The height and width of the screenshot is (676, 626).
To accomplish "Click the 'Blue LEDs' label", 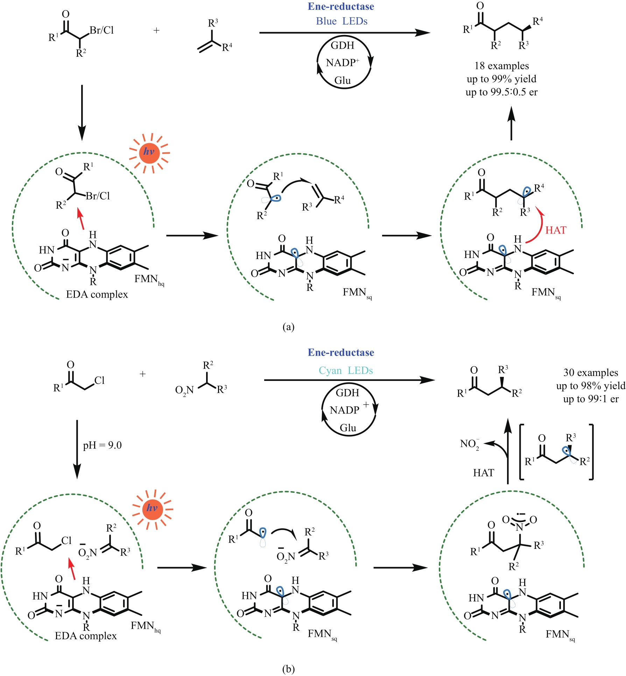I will (x=342, y=21).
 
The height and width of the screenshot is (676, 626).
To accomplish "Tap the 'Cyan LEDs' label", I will (x=346, y=370).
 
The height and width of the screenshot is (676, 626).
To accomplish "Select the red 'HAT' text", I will (x=556, y=230).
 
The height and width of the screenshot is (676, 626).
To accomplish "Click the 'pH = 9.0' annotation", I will (x=102, y=445).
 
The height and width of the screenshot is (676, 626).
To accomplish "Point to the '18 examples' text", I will (x=501, y=66).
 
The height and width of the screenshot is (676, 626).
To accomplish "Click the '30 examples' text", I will (x=590, y=372).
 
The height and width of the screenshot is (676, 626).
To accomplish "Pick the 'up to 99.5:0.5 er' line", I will (x=501, y=92).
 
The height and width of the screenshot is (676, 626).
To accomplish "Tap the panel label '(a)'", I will (x=288, y=327).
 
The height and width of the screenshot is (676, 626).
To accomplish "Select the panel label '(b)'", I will (x=288, y=669).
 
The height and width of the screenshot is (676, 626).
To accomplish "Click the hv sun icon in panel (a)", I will (x=149, y=153).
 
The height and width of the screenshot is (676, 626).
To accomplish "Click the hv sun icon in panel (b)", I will (x=152, y=509).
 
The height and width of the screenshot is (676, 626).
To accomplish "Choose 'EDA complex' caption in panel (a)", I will (x=97, y=294).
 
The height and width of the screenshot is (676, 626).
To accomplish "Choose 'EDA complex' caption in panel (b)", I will (x=86, y=636).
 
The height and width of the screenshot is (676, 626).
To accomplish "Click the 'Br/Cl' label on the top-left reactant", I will (x=101, y=30).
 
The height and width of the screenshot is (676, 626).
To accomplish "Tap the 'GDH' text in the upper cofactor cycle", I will (x=342, y=46).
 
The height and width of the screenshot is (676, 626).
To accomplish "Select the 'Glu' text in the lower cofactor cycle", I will (x=348, y=428).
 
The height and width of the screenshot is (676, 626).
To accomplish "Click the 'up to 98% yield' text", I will (x=590, y=386).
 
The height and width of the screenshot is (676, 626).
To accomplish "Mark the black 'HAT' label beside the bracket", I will (x=484, y=473).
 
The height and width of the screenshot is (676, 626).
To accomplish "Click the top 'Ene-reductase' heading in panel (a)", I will (x=341, y=7).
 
